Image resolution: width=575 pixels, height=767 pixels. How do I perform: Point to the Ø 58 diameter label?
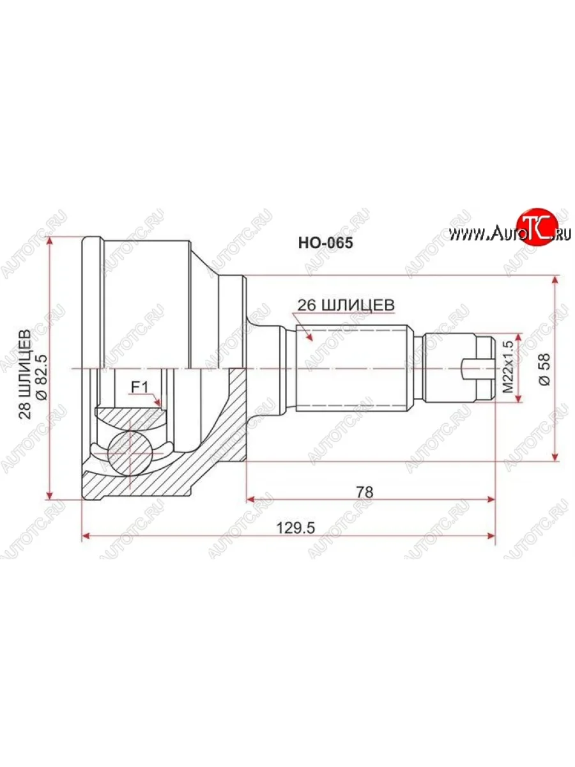point(544,369)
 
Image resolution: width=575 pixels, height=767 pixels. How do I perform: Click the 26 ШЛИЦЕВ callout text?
point(345,306)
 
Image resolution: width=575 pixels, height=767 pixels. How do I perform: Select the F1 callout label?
point(139,387)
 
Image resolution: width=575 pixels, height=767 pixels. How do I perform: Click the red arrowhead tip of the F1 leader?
point(160,405)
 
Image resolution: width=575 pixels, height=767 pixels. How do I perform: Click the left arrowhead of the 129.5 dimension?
point(86,536)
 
